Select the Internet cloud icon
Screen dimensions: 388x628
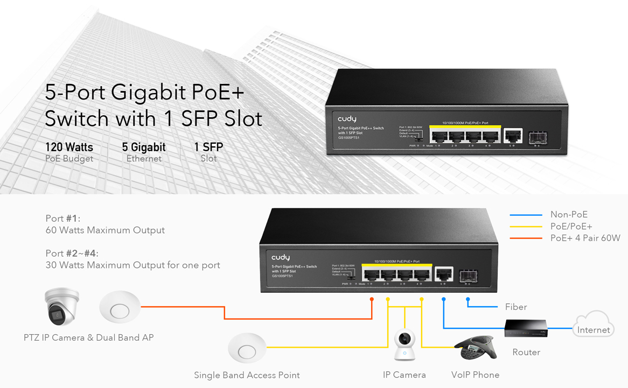coord(593,324)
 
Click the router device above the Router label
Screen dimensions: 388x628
coord(526,328)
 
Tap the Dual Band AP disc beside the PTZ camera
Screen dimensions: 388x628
coord(120,307)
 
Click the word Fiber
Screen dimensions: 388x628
coord(515,307)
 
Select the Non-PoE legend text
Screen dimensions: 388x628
coord(569,215)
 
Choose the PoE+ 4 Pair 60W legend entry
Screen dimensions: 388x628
coord(585,238)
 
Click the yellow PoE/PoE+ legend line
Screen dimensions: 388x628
coord(526,227)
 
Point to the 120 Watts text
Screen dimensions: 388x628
coord(69,147)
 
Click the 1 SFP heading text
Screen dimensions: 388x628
coord(208,147)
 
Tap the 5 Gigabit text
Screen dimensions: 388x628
coord(144,147)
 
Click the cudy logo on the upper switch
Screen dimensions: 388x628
coord(347,119)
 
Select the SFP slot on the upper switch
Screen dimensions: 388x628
coord(538,137)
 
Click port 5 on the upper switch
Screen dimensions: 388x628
coord(512,136)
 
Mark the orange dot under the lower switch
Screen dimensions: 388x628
coord(372,299)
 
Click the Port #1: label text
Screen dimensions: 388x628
coord(62,218)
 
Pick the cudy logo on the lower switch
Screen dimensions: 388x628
coord(281,258)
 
